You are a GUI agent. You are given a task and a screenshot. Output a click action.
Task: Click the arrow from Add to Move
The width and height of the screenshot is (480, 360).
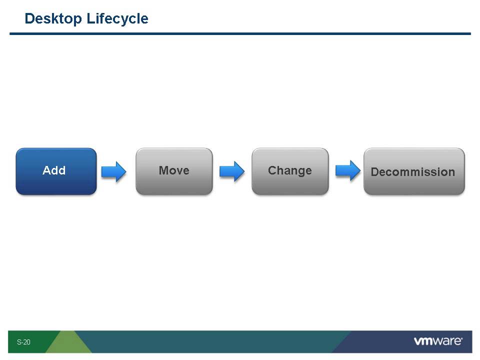(113, 171)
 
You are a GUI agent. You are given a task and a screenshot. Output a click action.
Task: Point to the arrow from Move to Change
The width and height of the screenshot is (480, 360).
(232, 171)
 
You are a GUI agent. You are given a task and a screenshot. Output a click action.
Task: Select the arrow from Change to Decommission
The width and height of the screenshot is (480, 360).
(347, 170)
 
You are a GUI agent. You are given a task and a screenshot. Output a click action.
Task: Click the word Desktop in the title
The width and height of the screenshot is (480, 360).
(53, 19)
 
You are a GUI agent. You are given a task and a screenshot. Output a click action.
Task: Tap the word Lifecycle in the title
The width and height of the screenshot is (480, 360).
(117, 19)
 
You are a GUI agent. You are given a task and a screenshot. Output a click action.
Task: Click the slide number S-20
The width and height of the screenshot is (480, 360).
(23, 342)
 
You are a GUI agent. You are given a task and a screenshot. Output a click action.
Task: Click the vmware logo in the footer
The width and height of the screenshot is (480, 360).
(438, 341)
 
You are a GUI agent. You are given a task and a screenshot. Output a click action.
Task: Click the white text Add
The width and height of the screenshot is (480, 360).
(54, 170)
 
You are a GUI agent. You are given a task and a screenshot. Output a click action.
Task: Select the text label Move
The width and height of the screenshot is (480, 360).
(174, 170)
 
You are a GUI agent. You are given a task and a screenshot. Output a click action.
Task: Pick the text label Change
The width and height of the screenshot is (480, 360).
(290, 170)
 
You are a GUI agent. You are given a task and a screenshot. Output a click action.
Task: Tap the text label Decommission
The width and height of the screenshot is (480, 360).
(413, 172)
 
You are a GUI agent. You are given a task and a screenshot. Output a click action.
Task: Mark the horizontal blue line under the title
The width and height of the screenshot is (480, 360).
(240, 33)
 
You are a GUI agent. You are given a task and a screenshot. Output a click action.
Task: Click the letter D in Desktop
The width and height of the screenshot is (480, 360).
(29, 19)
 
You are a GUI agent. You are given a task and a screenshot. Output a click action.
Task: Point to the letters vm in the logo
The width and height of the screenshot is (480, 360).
(423, 341)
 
